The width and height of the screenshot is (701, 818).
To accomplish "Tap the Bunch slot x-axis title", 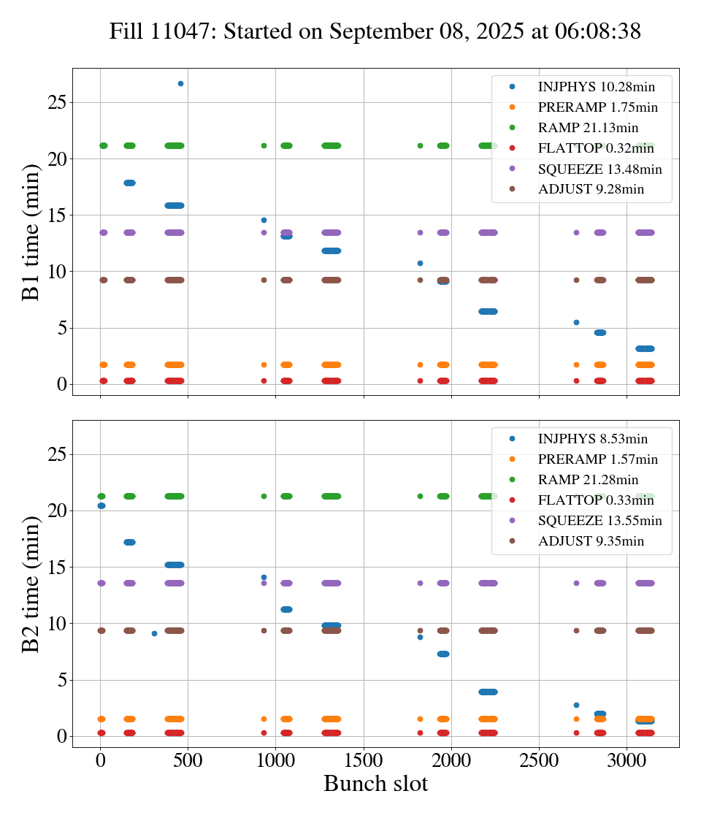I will [x=375, y=784].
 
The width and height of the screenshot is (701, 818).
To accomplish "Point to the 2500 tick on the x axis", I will [x=539, y=760].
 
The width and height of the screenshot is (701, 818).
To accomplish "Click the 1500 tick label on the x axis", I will [x=364, y=760].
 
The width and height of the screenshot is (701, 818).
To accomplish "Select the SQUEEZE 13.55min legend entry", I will [x=600, y=521].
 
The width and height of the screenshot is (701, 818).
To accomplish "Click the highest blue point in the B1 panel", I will [x=180, y=83].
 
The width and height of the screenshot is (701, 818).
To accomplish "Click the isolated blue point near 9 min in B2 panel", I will [x=154, y=633].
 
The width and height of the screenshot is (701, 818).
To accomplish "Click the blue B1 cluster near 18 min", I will [x=129, y=183].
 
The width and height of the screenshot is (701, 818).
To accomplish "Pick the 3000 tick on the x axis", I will [x=627, y=760].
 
